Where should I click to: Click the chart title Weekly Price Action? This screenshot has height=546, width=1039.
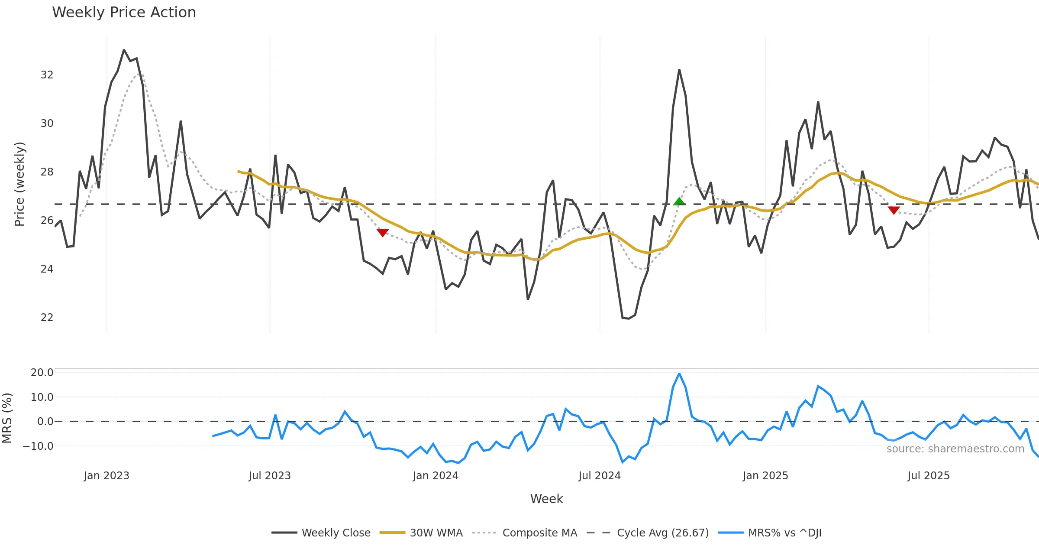tap(124, 13)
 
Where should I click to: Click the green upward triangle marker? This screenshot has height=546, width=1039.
tap(679, 201)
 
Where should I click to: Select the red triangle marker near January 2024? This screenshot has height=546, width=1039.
tap(382, 233)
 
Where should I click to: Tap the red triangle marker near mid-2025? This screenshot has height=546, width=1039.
tap(894, 210)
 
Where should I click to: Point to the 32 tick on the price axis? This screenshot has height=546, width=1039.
tap(47, 75)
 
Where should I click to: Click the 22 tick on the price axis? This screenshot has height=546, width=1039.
tap(47, 318)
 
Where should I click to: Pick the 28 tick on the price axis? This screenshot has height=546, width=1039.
tap(47, 172)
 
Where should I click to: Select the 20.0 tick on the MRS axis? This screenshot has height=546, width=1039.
tap(42, 373)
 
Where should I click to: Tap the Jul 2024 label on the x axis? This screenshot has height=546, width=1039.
tap(600, 476)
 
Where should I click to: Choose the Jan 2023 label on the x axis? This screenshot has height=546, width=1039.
tap(106, 476)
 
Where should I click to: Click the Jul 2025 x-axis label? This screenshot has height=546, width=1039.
tap(929, 476)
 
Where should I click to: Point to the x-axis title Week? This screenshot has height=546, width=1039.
tap(546, 499)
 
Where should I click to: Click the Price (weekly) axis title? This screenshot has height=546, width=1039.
tap(19, 184)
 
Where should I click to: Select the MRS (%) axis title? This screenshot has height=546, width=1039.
tap(7, 418)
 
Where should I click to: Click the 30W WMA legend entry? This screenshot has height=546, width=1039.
tap(436, 533)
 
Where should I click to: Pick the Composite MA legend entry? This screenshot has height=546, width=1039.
tap(539, 533)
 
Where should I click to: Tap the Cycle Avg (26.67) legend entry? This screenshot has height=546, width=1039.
tap(662, 533)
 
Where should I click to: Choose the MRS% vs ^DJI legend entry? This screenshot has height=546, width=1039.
tap(784, 533)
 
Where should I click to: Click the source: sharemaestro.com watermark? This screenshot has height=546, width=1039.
tap(955, 449)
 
